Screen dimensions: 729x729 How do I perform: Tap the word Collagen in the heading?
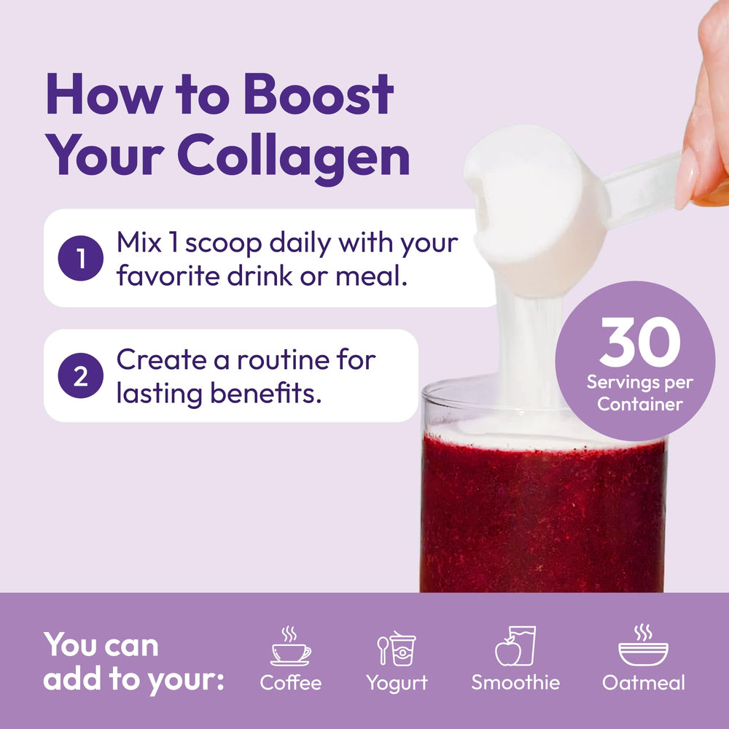pyautogui.click(x=293, y=157)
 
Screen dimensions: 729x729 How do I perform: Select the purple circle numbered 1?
pyautogui.click(x=80, y=258)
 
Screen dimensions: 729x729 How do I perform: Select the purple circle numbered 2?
pyautogui.click(x=80, y=375)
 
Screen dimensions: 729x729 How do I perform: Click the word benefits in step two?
pyautogui.click(x=266, y=393)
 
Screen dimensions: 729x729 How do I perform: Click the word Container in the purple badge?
pyautogui.click(x=640, y=404)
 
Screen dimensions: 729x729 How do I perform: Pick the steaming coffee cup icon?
pyautogui.click(x=291, y=646)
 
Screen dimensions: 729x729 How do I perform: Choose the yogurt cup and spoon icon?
pyautogui.click(x=397, y=648)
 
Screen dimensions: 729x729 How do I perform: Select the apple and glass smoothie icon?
pyautogui.click(x=515, y=646)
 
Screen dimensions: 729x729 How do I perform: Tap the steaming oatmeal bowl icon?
pyautogui.click(x=643, y=645)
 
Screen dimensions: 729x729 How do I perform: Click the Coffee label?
pyautogui.click(x=291, y=683)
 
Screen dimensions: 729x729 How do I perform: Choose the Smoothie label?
pyautogui.click(x=515, y=682)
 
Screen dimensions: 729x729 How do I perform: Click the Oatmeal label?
pyautogui.click(x=644, y=682)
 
